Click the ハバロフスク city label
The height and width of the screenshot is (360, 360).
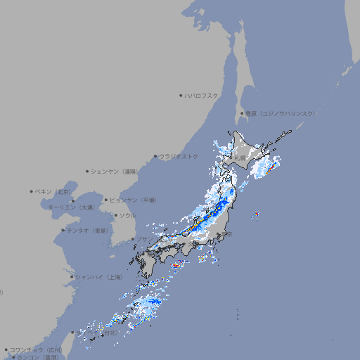[202, 95]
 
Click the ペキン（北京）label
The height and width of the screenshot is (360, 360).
[54, 191]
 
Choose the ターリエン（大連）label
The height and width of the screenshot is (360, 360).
[71, 207]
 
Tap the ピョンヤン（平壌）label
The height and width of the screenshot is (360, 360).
[134, 200]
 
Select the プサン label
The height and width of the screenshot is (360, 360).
[143, 240]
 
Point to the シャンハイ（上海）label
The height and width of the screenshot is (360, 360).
[99, 277]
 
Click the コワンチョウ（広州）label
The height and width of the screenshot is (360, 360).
[36, 349]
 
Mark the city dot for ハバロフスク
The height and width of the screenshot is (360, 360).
[181, 95]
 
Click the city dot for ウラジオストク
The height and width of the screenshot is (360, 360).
[155, 156]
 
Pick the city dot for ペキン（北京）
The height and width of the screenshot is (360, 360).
[32, 191]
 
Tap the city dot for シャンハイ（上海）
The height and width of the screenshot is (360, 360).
[72, 277]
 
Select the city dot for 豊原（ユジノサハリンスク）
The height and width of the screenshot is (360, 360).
[241, 113]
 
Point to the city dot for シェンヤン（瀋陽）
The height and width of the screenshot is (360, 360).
[88, 171]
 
